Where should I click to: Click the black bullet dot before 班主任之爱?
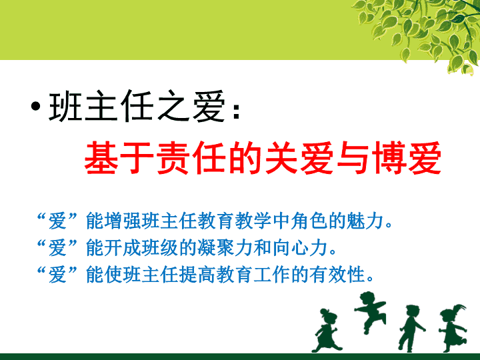tap(35, 106)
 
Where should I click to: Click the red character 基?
tap(101, 158)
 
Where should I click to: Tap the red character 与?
tap(353, 158)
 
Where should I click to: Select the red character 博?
tap(389, 158)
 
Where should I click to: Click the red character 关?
tap(281, 158)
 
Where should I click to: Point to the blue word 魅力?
tap(365, 221)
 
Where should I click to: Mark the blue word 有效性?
tap(337, 274)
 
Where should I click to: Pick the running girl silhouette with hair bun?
tap(327, 331)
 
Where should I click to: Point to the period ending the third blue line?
tap(370, 279)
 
